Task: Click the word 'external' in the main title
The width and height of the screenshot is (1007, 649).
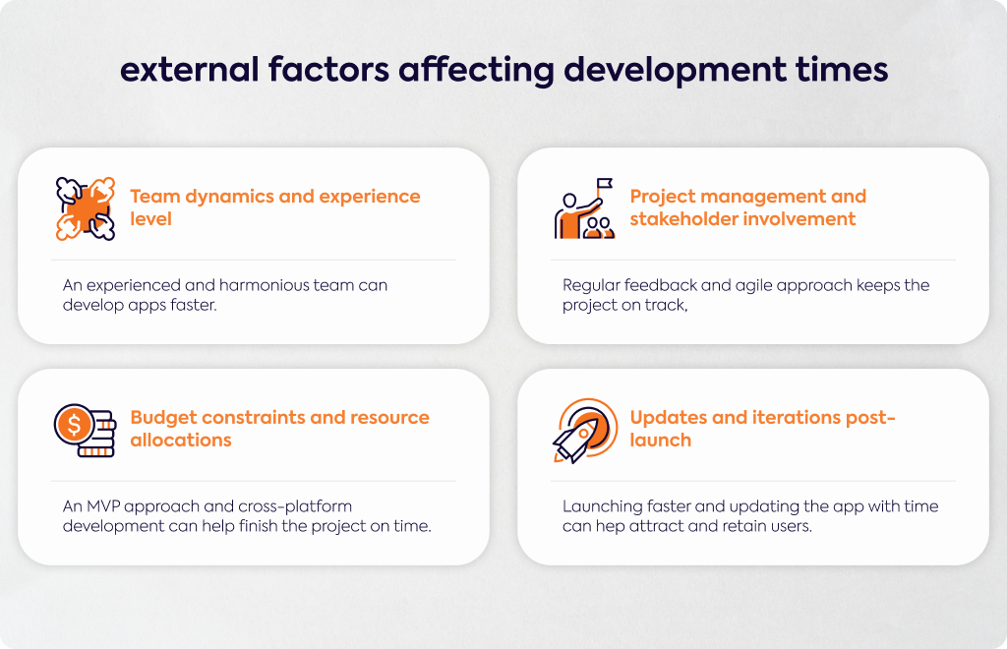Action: pos(190,70)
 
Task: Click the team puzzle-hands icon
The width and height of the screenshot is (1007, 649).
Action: pos(86,208)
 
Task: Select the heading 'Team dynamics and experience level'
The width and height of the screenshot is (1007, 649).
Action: pos(275,207)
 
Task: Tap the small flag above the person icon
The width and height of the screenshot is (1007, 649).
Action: pos(605,184)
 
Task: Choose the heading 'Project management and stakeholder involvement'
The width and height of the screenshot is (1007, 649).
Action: pos(748,207)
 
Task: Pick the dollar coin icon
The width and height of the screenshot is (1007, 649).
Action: pos(74,425)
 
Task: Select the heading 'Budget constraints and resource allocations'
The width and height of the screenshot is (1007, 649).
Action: pos(280,428)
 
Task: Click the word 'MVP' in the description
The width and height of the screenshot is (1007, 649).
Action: pos(103,506)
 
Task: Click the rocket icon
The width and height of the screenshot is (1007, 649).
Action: pos(585,431)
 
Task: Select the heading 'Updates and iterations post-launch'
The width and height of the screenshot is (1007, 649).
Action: pos(762,428)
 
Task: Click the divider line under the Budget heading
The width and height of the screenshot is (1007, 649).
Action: pos(254,481)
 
